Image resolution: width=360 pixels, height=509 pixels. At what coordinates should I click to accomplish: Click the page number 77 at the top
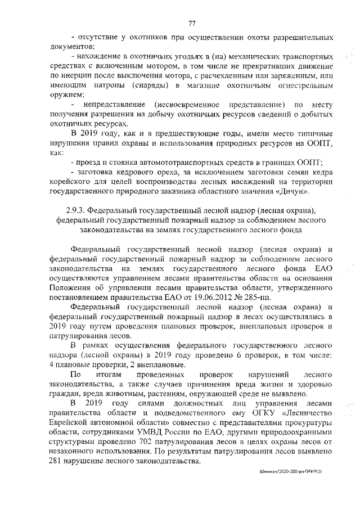[x=192, y=23]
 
